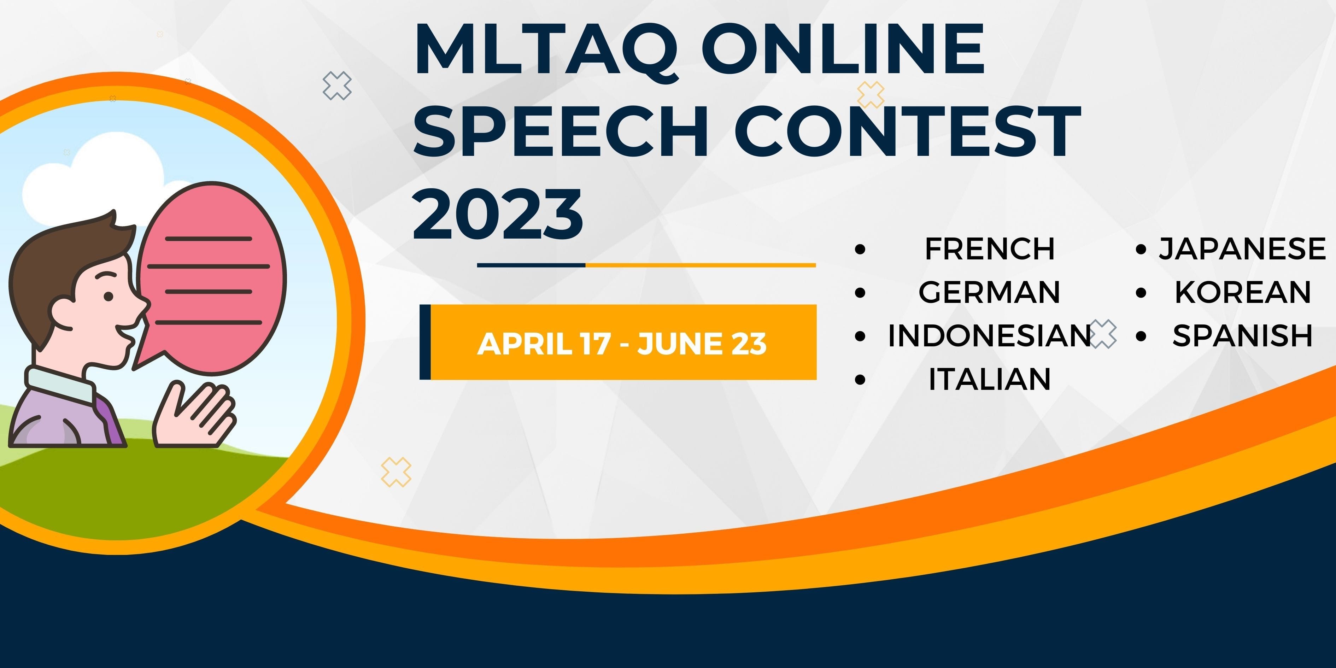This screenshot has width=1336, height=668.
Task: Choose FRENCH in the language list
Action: [990, 249]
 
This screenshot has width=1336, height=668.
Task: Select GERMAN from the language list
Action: [990, 292]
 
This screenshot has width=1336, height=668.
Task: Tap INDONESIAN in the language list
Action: [990, 335]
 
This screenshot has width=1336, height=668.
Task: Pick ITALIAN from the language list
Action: [990, 379]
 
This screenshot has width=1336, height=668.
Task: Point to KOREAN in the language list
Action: [1243, 292]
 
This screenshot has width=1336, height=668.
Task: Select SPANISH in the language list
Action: [1243, 335]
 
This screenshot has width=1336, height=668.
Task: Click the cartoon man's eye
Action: [108, 297]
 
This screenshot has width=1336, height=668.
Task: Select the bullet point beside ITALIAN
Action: [860, 380]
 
